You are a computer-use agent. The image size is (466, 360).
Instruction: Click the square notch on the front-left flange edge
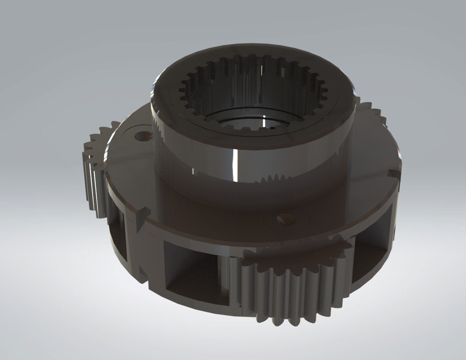click(x=141, y=216)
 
